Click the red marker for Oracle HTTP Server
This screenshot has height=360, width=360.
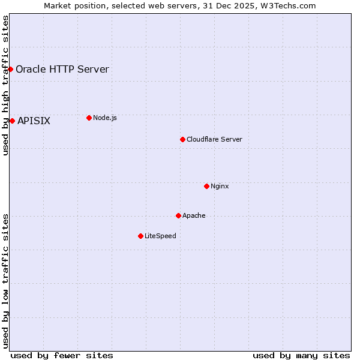(10, 69)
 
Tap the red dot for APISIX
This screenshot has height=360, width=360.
(12, 121)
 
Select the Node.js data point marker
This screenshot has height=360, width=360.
(89, 118)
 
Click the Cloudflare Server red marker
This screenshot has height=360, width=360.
(182, 139)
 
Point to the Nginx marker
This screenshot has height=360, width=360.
(206, 186)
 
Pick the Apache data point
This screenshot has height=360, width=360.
(178, 215)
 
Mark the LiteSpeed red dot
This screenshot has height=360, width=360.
(140, 236)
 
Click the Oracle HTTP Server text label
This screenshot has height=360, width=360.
(62, 69)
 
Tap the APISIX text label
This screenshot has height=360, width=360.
(34, 121)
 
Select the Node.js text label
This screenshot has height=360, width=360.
(105, 118)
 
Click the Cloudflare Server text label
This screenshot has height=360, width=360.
(214, 139)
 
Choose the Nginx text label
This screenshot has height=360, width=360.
(220, 186)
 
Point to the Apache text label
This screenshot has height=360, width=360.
(194, 215)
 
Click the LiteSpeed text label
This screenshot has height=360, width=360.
(160, 236)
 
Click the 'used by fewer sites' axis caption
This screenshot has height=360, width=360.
(62, 355)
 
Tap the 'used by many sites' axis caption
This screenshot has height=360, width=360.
(301, 355)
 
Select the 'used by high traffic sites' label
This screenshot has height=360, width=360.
(5, 85)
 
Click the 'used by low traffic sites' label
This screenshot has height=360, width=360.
(5, 281)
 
